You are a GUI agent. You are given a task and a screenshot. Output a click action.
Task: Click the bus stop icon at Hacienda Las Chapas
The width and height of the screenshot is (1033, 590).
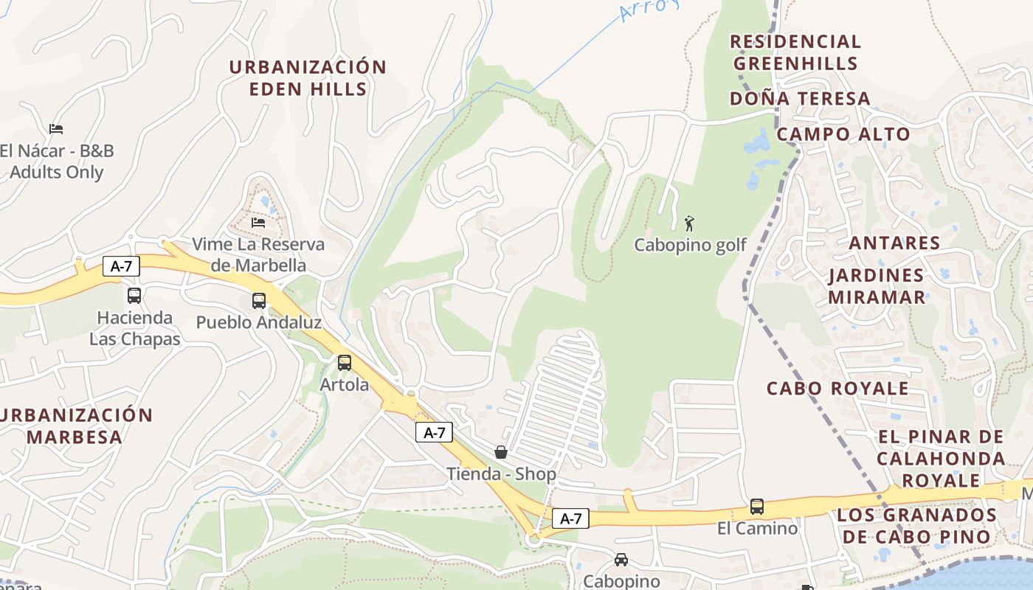(134, 296)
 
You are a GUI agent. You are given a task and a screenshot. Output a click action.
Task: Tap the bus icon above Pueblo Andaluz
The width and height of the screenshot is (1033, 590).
(258, 301)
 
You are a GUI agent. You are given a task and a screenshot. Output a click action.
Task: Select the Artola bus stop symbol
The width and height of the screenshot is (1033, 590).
(345, 363)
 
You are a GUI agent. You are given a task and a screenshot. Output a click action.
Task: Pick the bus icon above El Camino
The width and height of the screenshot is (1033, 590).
(757, 507)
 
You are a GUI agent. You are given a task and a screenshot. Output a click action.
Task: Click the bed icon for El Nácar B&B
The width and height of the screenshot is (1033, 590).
(56, 129)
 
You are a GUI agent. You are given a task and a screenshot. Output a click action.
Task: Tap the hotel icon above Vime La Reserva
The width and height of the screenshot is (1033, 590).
(258, 222)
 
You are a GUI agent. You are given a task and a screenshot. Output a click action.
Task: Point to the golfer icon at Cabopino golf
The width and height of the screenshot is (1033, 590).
(689, 223)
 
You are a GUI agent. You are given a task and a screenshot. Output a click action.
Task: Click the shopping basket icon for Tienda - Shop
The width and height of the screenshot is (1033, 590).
(501, 452)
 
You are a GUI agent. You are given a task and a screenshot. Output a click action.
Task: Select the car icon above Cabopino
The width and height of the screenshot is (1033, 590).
(621, 560)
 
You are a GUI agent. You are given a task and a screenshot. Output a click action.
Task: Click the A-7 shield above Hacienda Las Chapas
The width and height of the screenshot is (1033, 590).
(121, 266)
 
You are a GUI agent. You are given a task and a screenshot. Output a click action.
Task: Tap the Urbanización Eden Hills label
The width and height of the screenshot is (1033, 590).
(308, 78)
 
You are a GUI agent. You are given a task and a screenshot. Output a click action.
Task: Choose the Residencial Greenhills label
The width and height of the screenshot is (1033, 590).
(795, 52)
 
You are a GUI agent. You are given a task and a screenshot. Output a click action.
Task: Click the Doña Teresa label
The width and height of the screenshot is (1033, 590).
(800, 99)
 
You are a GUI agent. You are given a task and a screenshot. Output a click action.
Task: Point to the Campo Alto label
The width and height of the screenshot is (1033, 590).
(843, 134)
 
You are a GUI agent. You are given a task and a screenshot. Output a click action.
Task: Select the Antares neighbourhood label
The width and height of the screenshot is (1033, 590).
(894, 243)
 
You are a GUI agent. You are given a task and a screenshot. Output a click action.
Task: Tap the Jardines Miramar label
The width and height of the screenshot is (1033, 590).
(876, 286)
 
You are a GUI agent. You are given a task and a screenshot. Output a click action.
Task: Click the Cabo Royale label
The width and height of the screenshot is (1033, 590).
(837, 389)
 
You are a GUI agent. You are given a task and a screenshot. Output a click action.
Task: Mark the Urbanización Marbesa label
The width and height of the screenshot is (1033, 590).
(75, 426)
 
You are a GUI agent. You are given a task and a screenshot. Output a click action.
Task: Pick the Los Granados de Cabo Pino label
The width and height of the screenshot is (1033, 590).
(916, 526)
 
